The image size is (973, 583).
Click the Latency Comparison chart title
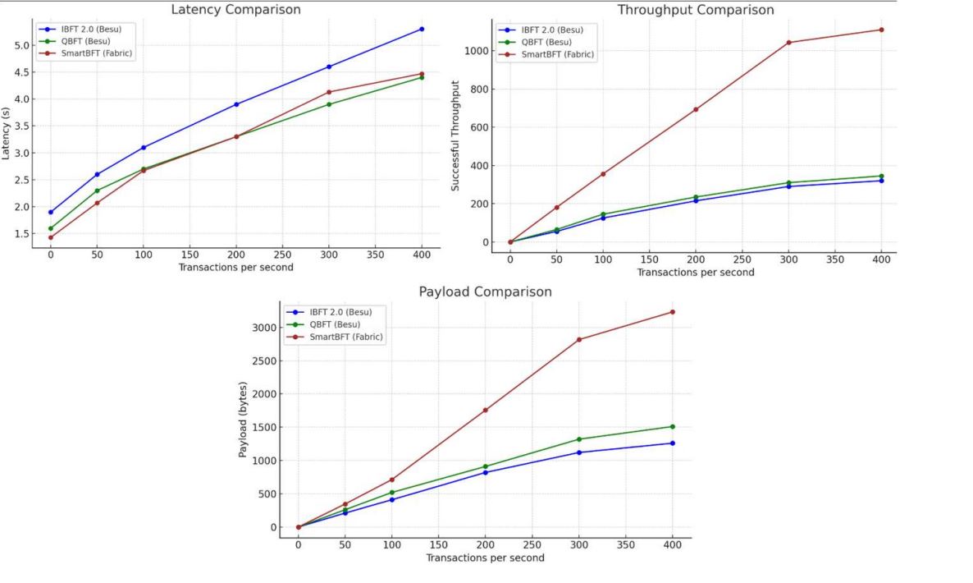pos(235,10)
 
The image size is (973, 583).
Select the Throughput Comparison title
pos(695,10)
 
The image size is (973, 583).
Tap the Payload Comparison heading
pos(485,291)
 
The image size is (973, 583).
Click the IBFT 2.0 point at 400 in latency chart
pos(422,29)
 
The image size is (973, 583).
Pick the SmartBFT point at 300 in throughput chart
pos(788,43)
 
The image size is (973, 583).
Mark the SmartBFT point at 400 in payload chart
pos(673,312)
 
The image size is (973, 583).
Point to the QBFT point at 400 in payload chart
pos(673,426)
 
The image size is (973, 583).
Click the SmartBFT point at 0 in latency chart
pos(51,237)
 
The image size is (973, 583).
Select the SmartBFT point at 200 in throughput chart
pos(696,109)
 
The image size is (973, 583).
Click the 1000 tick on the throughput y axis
pos(477,51)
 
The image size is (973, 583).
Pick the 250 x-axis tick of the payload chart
pos(532,544)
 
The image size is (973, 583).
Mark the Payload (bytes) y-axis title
pos(243,419)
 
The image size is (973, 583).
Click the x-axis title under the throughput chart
pos(695,272)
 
